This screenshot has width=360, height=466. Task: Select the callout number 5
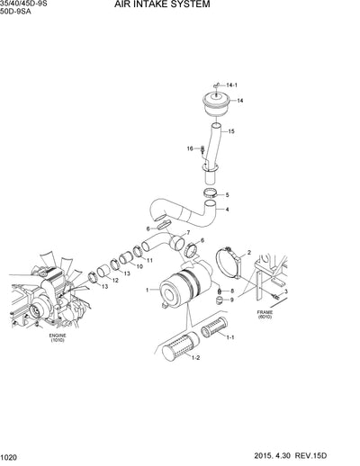[227, 194]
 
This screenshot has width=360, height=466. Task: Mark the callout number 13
[104, 286]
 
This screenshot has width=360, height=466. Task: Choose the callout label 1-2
[194, 358]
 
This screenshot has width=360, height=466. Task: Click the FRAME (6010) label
[265, 314]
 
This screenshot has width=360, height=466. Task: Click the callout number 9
[230, 300]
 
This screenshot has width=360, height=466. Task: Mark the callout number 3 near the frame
[285, 292]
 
